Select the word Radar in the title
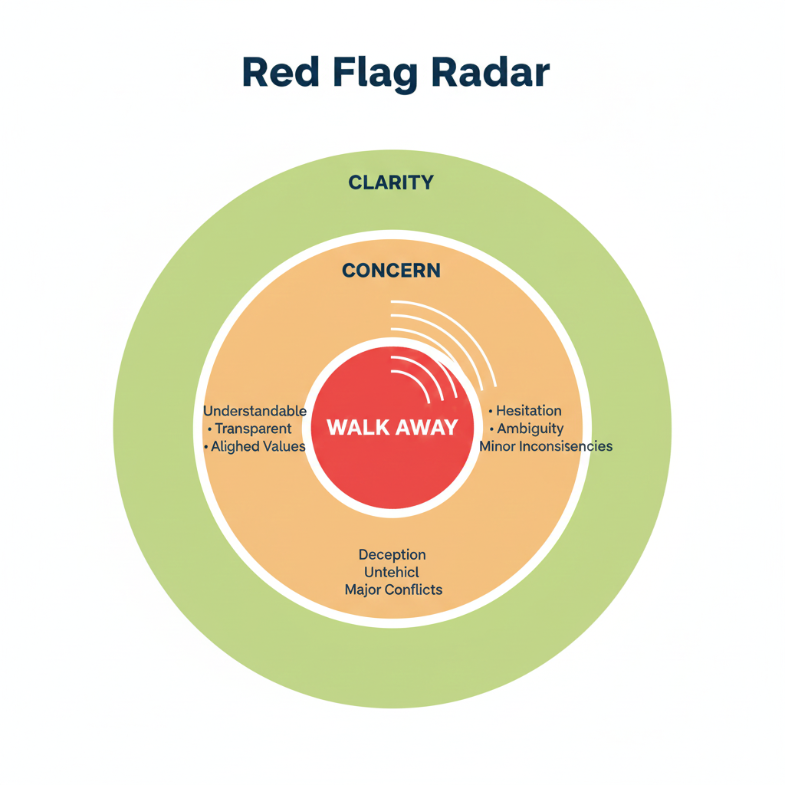pos(489,73)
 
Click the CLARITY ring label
pos(391,182)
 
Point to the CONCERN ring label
pos(391,271)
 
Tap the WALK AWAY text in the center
pos(392,428)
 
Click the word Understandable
pos(255,412)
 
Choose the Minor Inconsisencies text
pos(546,446)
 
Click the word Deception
pos(392,554)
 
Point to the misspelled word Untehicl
pos(392,572)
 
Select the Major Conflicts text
pos(392,590)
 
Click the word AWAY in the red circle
pos(425,428)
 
